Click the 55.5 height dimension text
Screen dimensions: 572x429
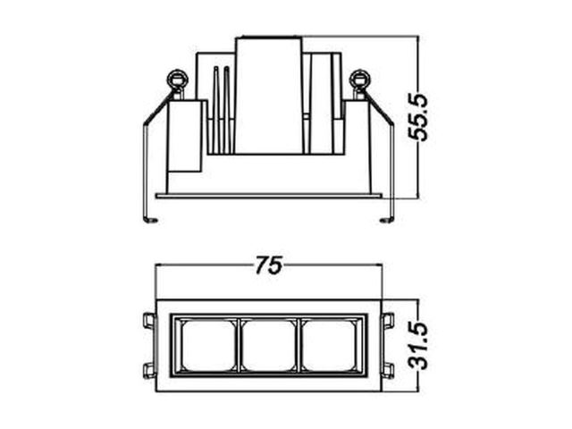click(417, 117)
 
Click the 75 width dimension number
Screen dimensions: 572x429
click(269, 265)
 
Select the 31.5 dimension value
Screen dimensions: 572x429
click(417, 345)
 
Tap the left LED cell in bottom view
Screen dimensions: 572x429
click(208, 345)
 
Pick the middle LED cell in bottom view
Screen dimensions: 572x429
click(269, 345)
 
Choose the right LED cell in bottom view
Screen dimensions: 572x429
click(329, 345)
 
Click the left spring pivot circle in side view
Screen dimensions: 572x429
click(178, 80)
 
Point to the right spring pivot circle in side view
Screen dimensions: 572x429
click(360, 80)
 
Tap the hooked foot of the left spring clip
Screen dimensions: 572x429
click(151, 220)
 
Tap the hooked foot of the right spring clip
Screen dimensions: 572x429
click(387, 220)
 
